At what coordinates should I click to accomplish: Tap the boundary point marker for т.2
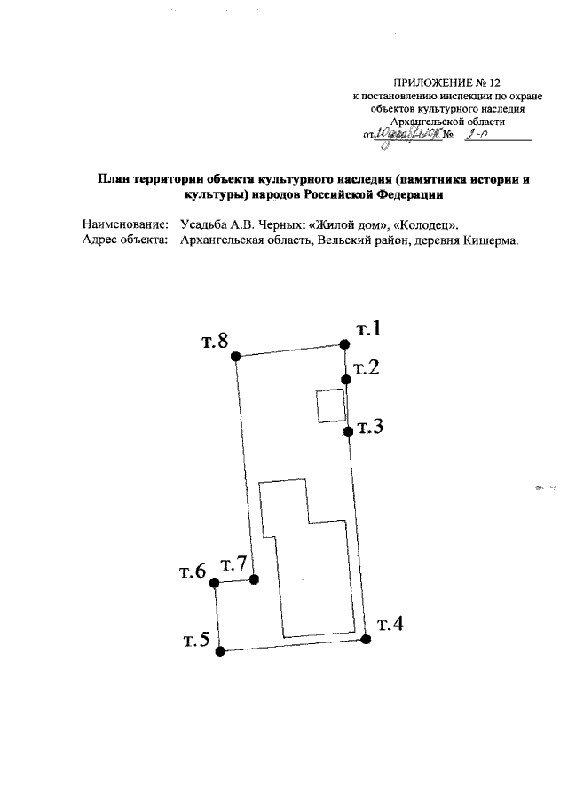347,379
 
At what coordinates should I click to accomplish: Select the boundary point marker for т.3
348,431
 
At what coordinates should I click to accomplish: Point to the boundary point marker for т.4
365,639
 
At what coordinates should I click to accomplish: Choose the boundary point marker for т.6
214,582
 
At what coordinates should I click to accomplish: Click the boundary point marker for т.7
255,579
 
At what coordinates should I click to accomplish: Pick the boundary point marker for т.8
235,356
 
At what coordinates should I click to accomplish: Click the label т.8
215,342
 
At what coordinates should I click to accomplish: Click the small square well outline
332,406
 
